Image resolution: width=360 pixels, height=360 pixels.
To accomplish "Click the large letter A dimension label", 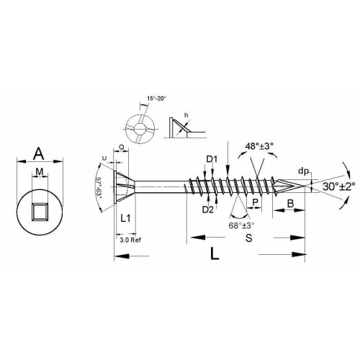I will point(40,153).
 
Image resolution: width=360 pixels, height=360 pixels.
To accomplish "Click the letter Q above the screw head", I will point(120,146).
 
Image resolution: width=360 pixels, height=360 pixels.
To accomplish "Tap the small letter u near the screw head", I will point(105,158).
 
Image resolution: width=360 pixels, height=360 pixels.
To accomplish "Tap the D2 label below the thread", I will point(207,210).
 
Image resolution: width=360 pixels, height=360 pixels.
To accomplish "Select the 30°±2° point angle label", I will point(332,186).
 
